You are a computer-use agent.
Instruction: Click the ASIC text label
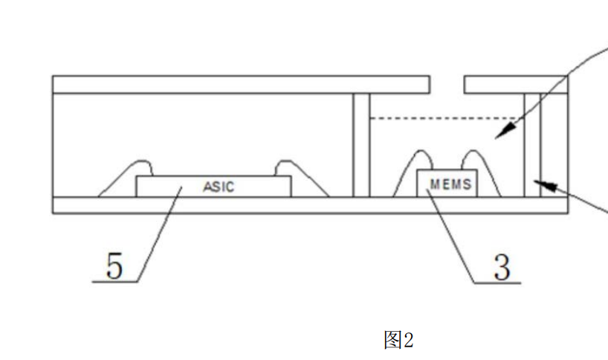[x=219, y=187]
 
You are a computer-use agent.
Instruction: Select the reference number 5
[x=114, y=266]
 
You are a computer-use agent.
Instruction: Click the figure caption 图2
[x=398, y=340]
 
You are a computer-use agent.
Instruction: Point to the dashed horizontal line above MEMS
[x=446, y=118]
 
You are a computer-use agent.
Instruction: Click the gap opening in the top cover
[x=447, y=84]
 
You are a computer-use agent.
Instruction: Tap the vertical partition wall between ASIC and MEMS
[x=360, y=145]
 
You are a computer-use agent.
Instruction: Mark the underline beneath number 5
[x=115, y=282]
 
